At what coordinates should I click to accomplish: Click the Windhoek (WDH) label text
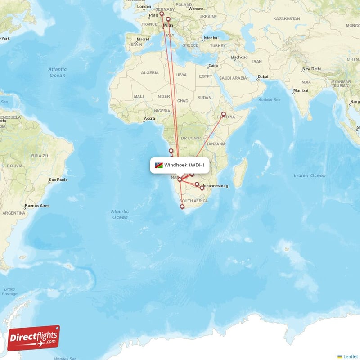[x=184, y=165]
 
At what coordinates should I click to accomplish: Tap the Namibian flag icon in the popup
[x=158, y=165]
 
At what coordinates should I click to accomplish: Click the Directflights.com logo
[x=34, y=338]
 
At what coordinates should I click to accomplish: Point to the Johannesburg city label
[x=216, y=186]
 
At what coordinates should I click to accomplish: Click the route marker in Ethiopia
[x=224, y=114]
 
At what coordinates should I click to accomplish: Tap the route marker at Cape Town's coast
[x=182, y=207]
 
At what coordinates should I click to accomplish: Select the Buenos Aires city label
[x=37, y=206]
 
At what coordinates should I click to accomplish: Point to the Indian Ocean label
[x=309, y=175]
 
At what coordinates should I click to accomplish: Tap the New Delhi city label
[x=311, y=69]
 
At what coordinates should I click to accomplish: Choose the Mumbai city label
[x=301, y=90]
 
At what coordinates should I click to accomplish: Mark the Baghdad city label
[x=239, y=57]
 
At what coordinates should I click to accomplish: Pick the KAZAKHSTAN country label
[x=286, y=19]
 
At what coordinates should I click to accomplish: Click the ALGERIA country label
[x=150, y=72]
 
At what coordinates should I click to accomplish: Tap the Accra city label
[x=149, y=119]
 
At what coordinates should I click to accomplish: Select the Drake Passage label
[x=9, y=291]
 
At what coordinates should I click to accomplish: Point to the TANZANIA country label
[x=216, y=144]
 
